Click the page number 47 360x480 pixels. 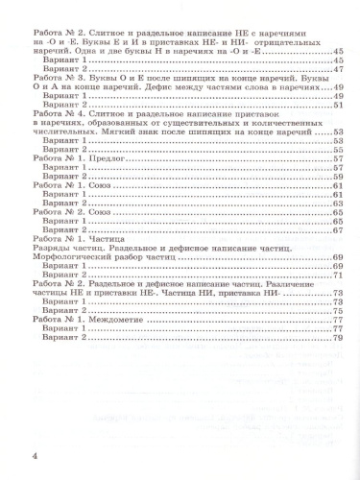pos(338,70)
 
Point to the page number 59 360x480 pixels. pos(338,179)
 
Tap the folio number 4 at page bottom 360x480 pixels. pos(36,454)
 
